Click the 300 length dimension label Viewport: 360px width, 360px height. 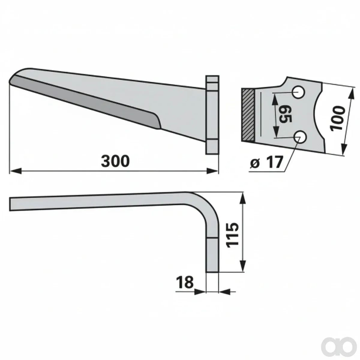(115, 161)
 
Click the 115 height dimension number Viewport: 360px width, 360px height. (232, 235)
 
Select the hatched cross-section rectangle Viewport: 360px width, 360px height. (248, 115)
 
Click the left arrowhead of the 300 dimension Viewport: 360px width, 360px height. (15, 171)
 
